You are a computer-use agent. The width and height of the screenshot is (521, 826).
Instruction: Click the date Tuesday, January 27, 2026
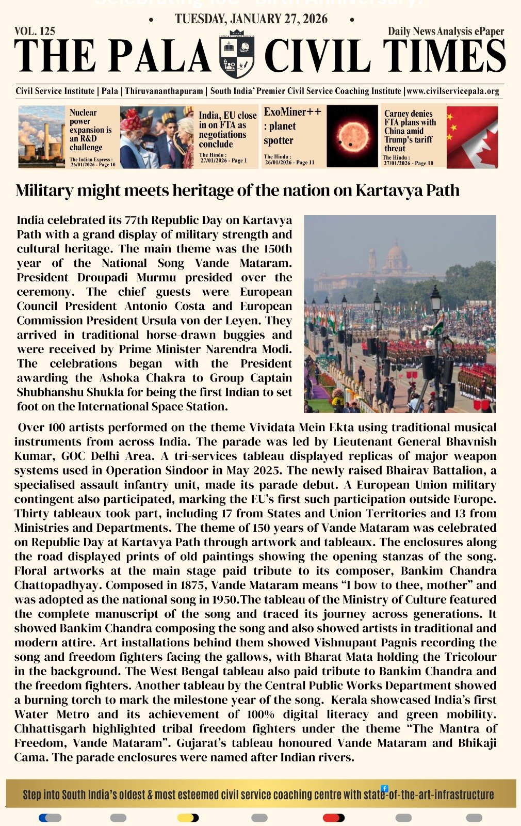point(251,19)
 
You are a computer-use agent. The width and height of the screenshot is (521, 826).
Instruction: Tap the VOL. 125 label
point(35,31)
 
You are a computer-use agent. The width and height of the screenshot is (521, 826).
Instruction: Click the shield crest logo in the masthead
point(237,56)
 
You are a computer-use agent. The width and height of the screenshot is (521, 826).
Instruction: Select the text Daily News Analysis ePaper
point(446,31)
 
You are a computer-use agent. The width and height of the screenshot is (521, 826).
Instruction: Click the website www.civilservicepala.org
point(453,91)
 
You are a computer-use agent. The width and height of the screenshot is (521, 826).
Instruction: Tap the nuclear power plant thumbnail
point(41,137)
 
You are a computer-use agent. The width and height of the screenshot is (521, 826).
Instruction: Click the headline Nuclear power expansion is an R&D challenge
point(90,130)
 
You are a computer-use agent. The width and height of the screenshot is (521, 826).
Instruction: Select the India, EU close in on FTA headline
point(227,130)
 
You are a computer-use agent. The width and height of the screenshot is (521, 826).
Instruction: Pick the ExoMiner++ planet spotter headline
point(292,126)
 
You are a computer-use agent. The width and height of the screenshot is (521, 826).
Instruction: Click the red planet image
point(352,136)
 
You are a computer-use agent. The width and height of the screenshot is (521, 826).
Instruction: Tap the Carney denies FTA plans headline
point(410,131)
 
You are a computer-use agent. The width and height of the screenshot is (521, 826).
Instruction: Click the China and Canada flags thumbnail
point(471,137)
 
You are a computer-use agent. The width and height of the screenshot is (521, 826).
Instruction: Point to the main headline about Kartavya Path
point(237,190)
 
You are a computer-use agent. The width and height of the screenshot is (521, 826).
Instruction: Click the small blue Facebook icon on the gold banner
point(384,788)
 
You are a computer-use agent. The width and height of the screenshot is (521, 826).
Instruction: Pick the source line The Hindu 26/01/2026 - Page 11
point(289,160)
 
